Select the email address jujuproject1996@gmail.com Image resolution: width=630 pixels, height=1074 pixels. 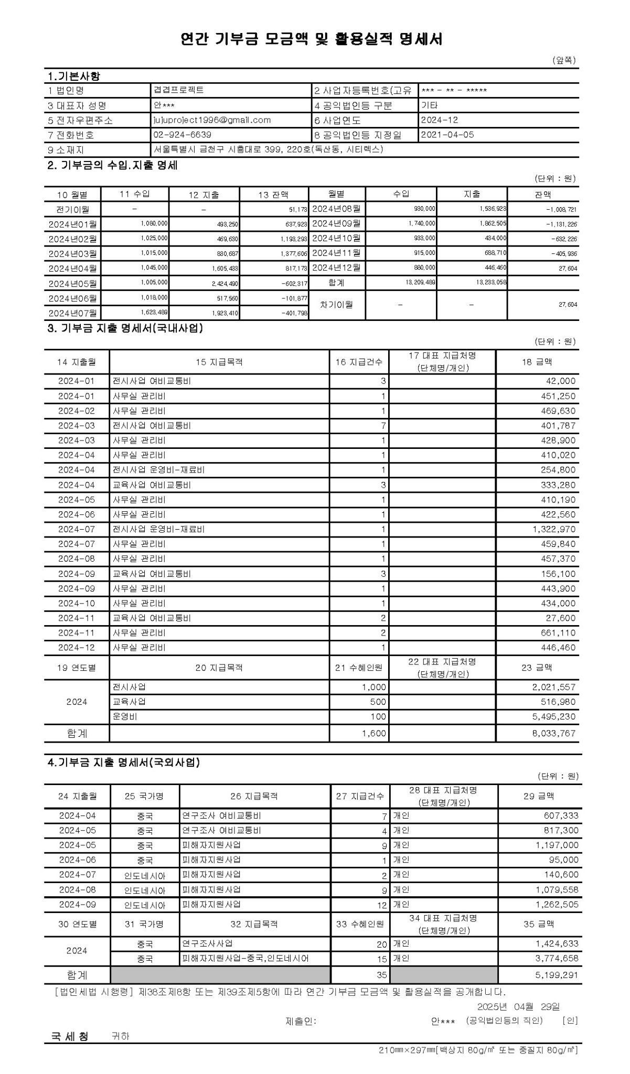[212, 120]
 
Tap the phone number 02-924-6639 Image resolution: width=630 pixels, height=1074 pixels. [183, 135]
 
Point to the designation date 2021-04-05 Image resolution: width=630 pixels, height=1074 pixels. [447, 135]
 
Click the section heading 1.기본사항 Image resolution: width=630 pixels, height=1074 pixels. [73, 76]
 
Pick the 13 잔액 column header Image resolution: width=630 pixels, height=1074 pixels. [273, 195]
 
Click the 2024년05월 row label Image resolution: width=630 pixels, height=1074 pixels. [72, 284]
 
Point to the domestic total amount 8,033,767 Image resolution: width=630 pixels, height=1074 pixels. [553, 734]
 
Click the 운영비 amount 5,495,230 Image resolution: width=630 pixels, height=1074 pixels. [553, 717]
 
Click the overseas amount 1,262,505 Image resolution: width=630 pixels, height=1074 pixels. [557, 905]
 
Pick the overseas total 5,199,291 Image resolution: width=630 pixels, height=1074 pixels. [557, 975]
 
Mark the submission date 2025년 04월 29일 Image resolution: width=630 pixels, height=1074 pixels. [518, 1006]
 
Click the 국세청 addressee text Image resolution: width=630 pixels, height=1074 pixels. [69, 1036]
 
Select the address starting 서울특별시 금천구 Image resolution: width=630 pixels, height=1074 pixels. [268, 149]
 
